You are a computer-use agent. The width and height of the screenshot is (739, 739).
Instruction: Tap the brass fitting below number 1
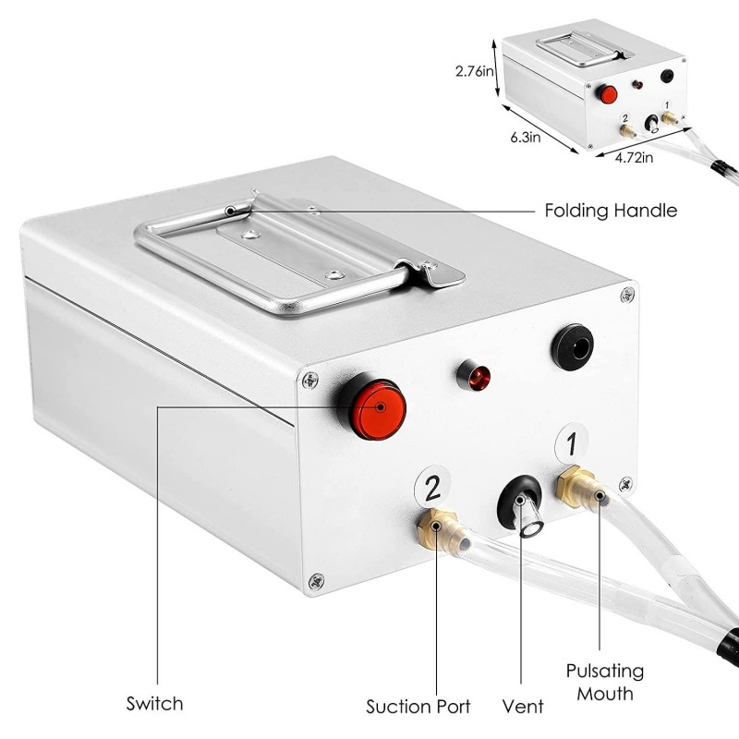tap(576, 484)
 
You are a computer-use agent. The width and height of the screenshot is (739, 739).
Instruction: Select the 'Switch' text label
tap(154, 704)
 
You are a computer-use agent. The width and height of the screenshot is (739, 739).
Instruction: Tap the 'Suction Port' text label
tap(418, 707)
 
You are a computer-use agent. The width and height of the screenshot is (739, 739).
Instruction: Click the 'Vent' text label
tap(523, 707)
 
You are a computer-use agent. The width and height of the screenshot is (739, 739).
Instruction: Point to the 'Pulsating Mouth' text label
tap(605, 682)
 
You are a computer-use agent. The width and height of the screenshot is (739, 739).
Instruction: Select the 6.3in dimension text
tap(523, 137)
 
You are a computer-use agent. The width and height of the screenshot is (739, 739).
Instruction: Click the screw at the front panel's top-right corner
tap(628, 294)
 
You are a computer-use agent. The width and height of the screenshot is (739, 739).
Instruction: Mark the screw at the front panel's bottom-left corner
tap(317, 580)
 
